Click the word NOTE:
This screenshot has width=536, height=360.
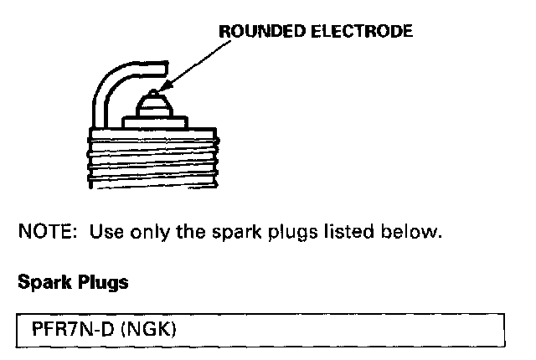pyautogui.click(x=45, y=232)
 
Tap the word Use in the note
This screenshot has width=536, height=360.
pyautogui.click(x=102, y=232)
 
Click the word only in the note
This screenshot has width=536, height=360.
pyautogui.click(x=144, y=232)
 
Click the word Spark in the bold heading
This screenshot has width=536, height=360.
pyautogui.click(x=40, y=282)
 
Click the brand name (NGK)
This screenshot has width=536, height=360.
pyautogui.click(x=148, y=329)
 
